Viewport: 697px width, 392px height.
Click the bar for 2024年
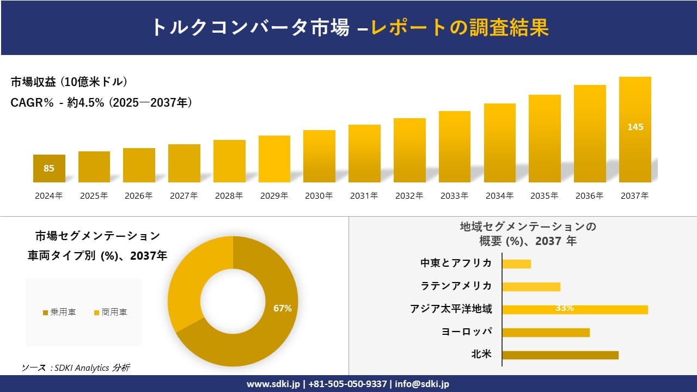[49, 168]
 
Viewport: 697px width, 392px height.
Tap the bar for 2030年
[319, 156]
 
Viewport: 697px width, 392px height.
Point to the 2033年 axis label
[454, 196]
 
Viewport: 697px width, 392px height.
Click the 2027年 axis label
[184, 196]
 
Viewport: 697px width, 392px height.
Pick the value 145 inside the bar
[635, 127]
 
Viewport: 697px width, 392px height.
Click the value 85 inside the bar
[49, 168]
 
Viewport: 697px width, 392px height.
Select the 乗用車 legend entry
[59, 312]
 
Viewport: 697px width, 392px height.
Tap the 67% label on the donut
[283, 308]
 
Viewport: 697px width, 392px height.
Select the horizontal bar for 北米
[560, 355]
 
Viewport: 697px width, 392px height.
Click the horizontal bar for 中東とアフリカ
[516, 264]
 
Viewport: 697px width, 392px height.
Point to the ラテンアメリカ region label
[456, 286]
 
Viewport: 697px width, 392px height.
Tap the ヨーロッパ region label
[467, 332]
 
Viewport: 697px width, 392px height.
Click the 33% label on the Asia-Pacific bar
[564, 308]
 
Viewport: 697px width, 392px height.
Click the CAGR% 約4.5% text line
[101, 103]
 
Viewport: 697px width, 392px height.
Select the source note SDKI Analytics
[76, 367]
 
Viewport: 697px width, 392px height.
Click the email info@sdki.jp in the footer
[422, 384]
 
